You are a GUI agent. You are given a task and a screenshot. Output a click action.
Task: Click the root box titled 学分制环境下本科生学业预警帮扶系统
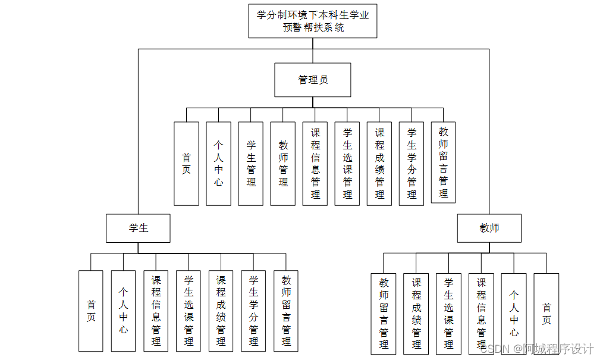click(x=312, y=21)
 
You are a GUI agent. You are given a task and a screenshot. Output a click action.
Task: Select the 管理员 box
click(x=312, y=80)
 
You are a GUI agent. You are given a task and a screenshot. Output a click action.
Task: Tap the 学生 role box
click(x=138, y=228)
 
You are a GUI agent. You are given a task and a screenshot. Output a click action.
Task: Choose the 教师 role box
click(x=489, y=228)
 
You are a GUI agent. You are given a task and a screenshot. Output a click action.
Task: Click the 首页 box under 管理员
click(x=186, y=164)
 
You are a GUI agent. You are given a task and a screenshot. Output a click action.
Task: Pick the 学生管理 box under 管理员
click(x=250, y=164)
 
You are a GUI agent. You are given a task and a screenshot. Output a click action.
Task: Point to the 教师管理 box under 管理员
click(x=282, y=164)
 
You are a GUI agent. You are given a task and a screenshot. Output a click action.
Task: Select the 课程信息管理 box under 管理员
click(x=315, y=164)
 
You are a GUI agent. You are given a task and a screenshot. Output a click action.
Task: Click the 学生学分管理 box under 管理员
click(x=411, y=164)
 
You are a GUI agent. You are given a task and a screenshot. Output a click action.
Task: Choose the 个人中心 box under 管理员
click(x=218, y=164)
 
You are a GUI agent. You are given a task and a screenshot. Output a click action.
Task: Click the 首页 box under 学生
click(x=90, y=311)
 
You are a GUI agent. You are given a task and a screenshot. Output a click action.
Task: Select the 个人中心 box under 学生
click(x=123, y=311)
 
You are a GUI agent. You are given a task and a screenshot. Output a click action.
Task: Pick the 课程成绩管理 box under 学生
click(x=221, y=311)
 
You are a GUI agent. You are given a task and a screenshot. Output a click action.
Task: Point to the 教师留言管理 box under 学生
click(x=286, y=311)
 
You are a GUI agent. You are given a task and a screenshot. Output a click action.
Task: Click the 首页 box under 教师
click(x=546, y=314)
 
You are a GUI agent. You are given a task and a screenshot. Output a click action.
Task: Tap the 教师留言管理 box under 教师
click(x=384, y=314)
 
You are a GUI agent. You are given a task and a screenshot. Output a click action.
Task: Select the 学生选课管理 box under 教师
click(x=448, y=314)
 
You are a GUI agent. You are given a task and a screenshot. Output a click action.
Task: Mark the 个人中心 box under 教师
click(x=513, y=314)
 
